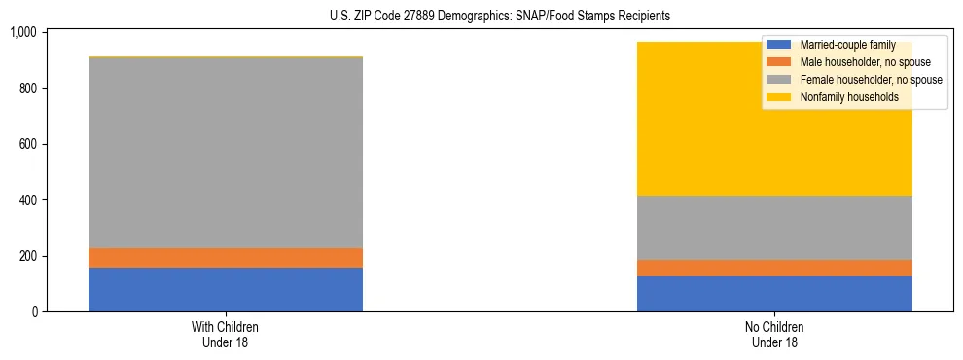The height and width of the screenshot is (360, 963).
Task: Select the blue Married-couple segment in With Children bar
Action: tap(226, 289)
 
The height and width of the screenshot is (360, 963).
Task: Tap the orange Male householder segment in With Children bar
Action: tap(226, 258)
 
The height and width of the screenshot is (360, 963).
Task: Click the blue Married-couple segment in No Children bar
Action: tap(774, 294)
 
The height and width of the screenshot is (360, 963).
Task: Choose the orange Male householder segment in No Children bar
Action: tap(774, 268)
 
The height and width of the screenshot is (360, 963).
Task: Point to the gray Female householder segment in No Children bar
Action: tap(774, 228)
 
